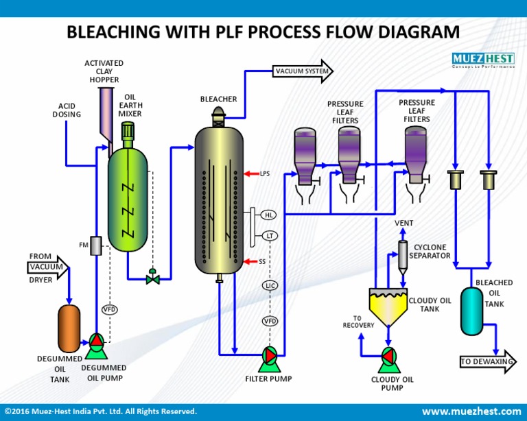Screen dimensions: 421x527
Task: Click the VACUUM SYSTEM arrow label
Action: pos(303,71)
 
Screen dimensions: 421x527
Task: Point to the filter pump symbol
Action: pos(268,355)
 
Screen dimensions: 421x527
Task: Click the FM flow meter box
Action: pos(96,244)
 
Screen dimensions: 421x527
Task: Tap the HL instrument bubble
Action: pos(270,215)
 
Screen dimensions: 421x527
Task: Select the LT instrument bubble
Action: pos(270,236)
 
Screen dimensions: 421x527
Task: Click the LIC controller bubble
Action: pos(270,285)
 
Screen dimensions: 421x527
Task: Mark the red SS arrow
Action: pos(250,261)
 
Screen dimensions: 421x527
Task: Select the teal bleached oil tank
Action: pos(471,311)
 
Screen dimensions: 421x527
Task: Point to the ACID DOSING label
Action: pos(67,110)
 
